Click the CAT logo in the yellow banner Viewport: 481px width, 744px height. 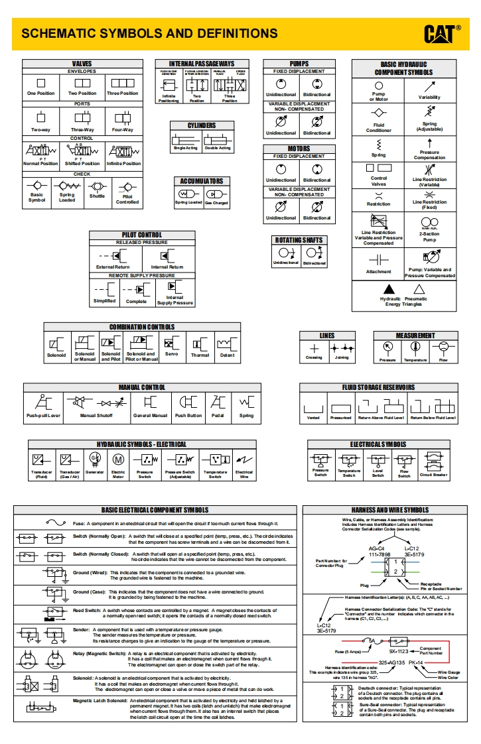click(443, 33)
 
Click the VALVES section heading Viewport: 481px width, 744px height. click(82, 64)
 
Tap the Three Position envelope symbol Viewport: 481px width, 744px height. click(123, 83)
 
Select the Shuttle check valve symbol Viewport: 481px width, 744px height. click(97, 186)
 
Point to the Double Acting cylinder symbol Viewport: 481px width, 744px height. click(217, 139)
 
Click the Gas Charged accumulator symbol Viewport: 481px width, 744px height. click(216, 194)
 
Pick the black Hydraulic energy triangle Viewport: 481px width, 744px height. click(389, 289)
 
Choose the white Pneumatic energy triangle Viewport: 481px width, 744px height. click(419, 289)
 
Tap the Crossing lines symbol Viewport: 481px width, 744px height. click(314, 348)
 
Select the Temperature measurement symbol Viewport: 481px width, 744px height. click(415, 347)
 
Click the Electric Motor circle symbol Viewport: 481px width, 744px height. click(118, 459)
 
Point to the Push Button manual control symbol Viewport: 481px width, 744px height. click(188, 402)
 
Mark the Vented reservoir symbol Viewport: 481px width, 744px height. click(313, 406)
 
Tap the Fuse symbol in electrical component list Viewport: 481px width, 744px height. click(56, 523)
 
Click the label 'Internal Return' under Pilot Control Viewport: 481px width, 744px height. click(167, 267)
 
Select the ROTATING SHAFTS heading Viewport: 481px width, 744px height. click(299, 240)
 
